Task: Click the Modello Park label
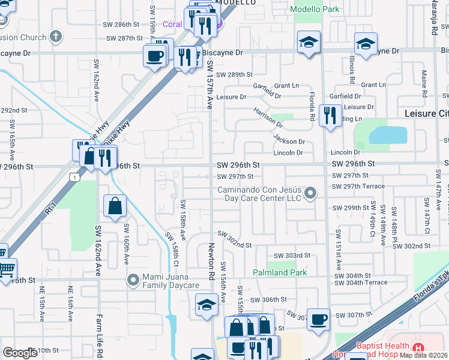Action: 314,10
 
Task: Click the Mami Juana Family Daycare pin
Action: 133,280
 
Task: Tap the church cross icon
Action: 56,37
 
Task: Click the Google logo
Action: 20,353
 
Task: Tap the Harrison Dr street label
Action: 268,116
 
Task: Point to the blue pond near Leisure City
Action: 387,135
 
